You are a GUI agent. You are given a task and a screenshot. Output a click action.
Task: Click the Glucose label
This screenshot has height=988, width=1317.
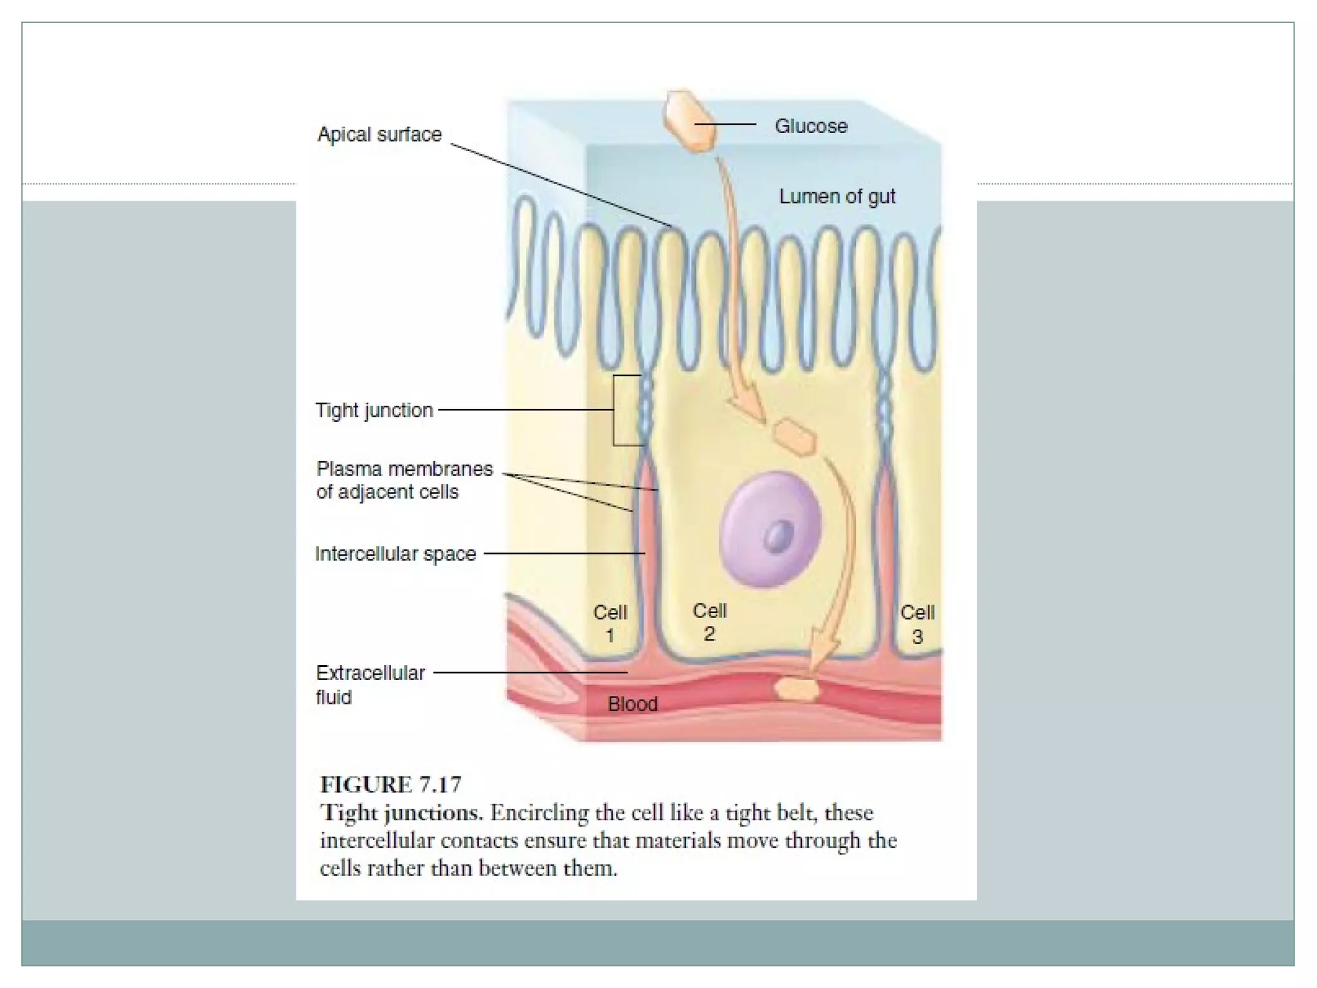tap(810, 126)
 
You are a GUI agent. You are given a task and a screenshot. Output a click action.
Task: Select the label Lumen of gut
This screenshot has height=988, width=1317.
tap(837, 196)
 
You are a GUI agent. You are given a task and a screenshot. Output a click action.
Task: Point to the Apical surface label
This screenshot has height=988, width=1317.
tap(379, 134)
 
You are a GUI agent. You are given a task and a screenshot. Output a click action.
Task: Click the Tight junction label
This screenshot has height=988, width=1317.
tap(374, 410)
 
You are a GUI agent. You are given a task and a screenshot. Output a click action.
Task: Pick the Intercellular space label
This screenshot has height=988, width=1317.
tap(395, 554)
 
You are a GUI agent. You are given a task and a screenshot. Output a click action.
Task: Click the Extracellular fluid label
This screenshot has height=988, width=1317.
tap(370, 684)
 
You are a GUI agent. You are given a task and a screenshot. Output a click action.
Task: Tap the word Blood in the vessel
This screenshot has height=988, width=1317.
tap(632, 704)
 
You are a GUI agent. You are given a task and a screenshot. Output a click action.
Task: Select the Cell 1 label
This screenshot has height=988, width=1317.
tap(610, 623)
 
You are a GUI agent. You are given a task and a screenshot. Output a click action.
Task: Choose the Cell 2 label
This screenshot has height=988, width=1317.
tap(709, 622)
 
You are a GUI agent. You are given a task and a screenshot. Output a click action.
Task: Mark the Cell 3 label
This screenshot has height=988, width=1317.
tap(917, 624)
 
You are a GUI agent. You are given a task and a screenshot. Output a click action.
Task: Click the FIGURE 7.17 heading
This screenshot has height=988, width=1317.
tap(390, 785)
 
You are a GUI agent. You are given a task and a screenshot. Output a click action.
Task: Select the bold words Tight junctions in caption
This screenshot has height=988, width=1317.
tap(401, 813)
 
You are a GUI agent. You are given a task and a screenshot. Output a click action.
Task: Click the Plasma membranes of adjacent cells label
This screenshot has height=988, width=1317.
tap(404, 480)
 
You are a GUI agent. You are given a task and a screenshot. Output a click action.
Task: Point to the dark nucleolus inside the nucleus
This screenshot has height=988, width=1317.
tap(778, 535)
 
